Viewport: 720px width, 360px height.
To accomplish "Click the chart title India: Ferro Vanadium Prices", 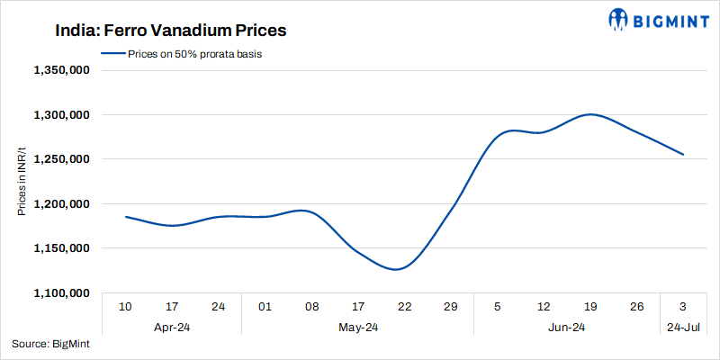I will tap(157, 31).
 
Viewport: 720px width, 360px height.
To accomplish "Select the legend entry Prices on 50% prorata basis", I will tap(187, 54).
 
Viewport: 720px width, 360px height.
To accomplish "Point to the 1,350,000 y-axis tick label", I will tap(61, 70).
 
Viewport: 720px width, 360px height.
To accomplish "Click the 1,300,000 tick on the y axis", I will tap(61, 115).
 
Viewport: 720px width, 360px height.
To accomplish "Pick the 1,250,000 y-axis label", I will tap(61, 159).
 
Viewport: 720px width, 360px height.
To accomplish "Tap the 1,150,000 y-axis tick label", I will tap(61, 248).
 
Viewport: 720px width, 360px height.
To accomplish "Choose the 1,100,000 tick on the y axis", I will tap(61, 293).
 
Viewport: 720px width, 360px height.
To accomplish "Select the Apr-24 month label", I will tap(172, 328).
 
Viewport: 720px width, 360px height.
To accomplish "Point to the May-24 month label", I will tap(357, 328).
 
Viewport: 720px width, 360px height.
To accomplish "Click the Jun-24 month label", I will tap(567, 328).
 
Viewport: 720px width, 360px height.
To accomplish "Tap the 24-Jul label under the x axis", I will tap(683, 328).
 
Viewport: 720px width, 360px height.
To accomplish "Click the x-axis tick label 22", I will tap(404, 308).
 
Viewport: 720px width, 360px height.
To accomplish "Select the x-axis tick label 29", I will tap(451, 308).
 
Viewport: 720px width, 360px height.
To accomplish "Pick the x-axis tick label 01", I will tap(265, 308).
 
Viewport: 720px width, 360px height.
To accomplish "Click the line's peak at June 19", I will tap(590, 114).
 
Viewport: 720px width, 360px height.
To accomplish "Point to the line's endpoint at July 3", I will tap(683, 155).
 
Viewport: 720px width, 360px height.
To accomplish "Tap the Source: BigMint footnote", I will tap(50, 344).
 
